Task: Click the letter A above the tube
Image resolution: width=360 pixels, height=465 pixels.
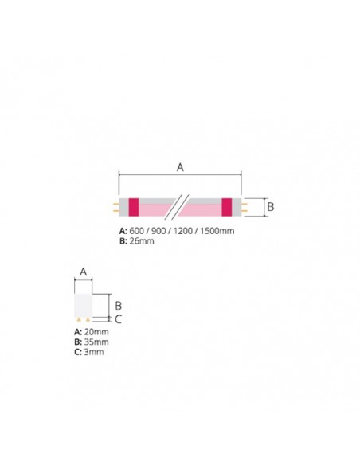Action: [180, 167]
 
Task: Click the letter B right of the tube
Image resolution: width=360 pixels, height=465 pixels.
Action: [269, 206]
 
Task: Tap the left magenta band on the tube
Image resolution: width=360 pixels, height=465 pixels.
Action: [133, 206]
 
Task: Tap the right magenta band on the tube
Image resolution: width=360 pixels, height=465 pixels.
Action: [227, 206]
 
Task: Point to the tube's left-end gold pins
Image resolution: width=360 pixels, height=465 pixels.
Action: [116, 206]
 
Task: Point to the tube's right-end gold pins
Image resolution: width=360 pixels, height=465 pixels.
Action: [244, 206]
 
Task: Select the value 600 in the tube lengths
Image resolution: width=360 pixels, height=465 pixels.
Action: [136, 230]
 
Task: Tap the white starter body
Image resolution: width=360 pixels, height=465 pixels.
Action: [83, 303]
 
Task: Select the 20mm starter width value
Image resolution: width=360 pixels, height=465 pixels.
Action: [96, 332]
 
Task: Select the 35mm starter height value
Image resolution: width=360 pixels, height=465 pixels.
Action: [96, 342]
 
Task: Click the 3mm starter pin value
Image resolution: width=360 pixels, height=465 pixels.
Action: [93, 351]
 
